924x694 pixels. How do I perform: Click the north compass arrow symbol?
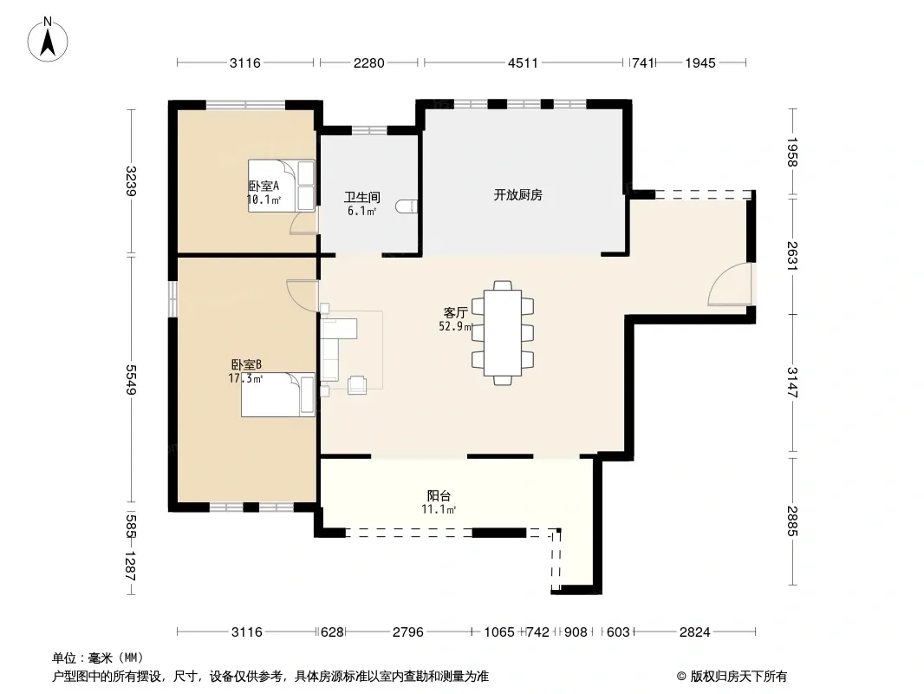(x=48, y=40)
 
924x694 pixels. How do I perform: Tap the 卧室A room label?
(x=263, y=186)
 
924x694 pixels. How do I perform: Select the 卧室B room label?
(x=246, y=365)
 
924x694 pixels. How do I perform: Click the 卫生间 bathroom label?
(x=361, y=197)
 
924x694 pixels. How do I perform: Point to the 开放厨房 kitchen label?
(x=518, y=194)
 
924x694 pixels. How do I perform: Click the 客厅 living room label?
(x=456, y=312)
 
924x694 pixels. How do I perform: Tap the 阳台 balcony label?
(x=439, y=496)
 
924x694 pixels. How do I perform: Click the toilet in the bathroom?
(x=407, y=206)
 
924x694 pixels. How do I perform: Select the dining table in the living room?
(x=503, y=332)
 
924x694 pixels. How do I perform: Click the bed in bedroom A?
(x=282, y=186)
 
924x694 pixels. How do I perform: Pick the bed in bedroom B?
(x=278, y=395)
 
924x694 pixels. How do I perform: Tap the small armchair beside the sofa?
(x=357, y=385)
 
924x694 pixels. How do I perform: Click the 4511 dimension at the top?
(x=523, y=62)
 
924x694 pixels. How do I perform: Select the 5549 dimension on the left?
(x=131, y=380)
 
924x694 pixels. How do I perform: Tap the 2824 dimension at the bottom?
(x=695, y=632)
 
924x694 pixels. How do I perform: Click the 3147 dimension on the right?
(x=792, y=382)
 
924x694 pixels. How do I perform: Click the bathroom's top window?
(x=369, y=130)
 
